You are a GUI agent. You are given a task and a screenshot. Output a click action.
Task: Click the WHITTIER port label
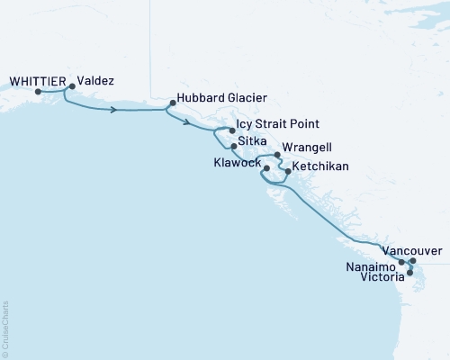[35, 79]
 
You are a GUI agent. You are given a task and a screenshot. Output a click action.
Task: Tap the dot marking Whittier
[38, 90]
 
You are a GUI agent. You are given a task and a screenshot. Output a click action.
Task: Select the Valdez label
[94, 79]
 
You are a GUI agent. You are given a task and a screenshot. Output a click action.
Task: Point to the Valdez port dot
[72, 87]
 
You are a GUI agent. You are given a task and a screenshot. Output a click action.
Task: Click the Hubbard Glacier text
[220, 96]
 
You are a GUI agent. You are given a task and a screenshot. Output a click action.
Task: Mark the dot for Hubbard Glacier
[171, 103]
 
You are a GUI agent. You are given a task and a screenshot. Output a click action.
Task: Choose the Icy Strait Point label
[277, 124]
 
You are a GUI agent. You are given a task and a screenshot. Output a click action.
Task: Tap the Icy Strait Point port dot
[232, 130]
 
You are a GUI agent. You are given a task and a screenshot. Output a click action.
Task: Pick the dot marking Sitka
[234, 146]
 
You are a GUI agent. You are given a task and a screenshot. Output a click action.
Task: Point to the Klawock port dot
[266, 167]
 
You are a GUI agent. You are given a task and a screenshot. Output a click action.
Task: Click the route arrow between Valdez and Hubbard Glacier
[114, 110]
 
